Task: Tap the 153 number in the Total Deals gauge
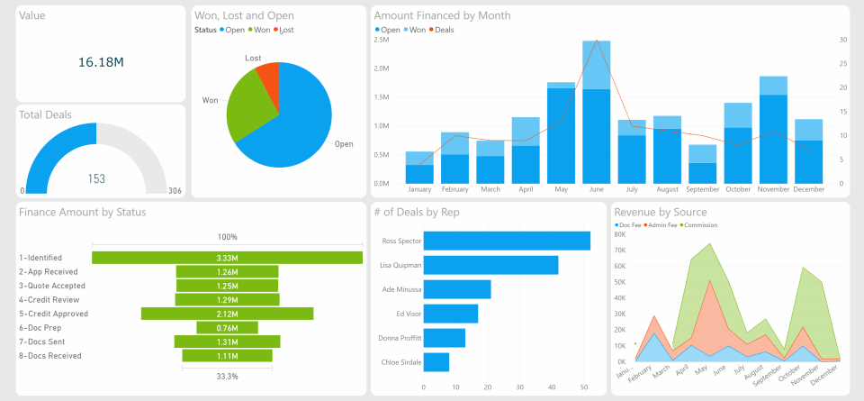96,178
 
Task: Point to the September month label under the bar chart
702,190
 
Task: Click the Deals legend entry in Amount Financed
444,30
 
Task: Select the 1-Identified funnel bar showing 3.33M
227,258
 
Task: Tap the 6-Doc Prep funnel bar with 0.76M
227,327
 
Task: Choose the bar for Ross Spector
507,241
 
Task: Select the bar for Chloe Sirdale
436,362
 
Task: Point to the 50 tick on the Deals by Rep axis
584,387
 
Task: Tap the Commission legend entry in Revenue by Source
701,224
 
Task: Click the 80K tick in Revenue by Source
619,233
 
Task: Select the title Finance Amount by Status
82,212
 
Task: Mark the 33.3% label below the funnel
227,376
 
